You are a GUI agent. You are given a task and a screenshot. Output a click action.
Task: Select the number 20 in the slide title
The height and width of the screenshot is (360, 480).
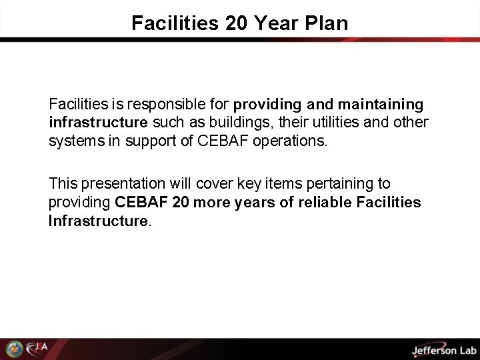coord(238,23)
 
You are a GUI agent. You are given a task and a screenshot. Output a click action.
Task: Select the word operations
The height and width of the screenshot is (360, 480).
coord(294,141)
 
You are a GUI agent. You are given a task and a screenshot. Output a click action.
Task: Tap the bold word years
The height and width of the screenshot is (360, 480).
coord(245,201)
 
